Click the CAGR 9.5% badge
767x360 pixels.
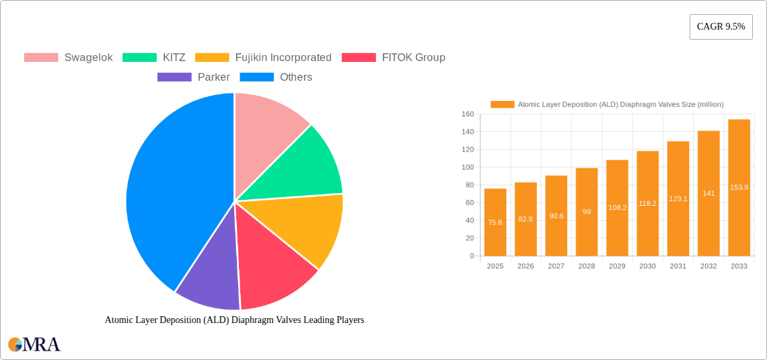point(721,27)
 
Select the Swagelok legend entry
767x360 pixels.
point(68,57)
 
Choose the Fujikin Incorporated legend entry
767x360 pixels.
point(263,57)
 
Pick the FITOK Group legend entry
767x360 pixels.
point(394,57)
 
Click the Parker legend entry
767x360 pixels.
point(193,77)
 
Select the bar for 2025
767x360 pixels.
point(495,222)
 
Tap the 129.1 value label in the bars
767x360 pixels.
point(678,199)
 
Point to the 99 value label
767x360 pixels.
point(587,211)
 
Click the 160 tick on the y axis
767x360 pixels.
point(468,114)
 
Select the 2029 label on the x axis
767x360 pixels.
point(617,266)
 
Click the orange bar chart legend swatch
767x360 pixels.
point(502,104)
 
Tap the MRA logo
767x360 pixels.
point(34,345)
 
